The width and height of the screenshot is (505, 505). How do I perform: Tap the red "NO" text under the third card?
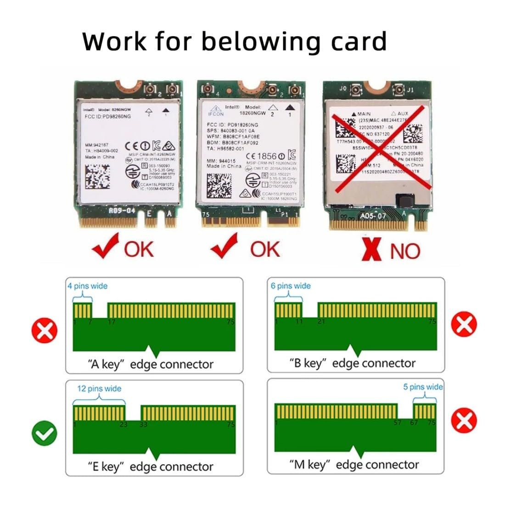[405, 251]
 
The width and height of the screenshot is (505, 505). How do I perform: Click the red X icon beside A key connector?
[45, 330]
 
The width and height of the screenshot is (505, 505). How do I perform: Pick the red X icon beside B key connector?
[464, 325]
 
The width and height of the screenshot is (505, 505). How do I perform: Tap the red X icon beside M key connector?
[464, 420]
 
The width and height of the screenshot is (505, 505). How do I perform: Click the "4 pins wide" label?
[87, 286]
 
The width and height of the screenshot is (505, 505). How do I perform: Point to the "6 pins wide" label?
[291, 286]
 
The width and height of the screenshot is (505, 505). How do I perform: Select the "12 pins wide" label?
[99, 389]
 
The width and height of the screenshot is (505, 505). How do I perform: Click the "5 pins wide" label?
[423, 387]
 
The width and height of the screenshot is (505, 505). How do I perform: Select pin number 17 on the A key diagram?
[112, 322]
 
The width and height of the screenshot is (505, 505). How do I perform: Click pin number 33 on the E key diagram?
[144, 425]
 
